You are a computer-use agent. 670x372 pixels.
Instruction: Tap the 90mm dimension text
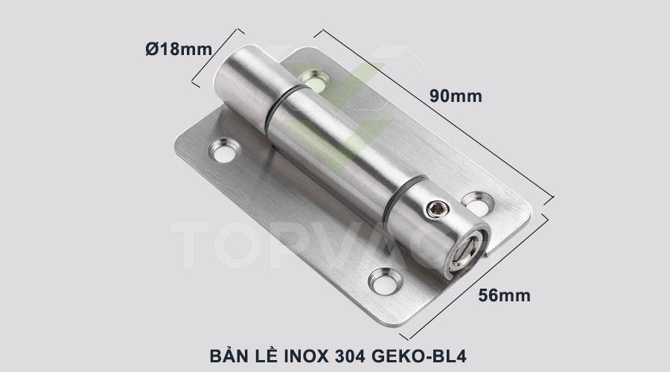tap(456, 96)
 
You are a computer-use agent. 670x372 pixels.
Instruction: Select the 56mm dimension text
tap(504, 295)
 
